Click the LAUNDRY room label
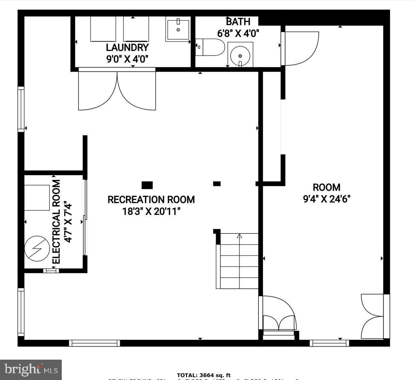[127, 47]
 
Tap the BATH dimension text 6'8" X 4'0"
[238, 33]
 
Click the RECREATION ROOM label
[151, 200]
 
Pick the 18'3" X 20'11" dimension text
[151, 212]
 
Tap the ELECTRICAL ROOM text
[56, 222]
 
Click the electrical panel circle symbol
[37, 249]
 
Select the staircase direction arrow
[240, 237]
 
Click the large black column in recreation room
[147, 185]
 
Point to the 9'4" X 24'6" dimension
[327, 199]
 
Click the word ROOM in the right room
[327, 187]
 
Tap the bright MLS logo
[31, 370]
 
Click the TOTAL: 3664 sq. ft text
[203, 375]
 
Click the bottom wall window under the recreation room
[94, 343]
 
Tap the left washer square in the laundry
[103, 29]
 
